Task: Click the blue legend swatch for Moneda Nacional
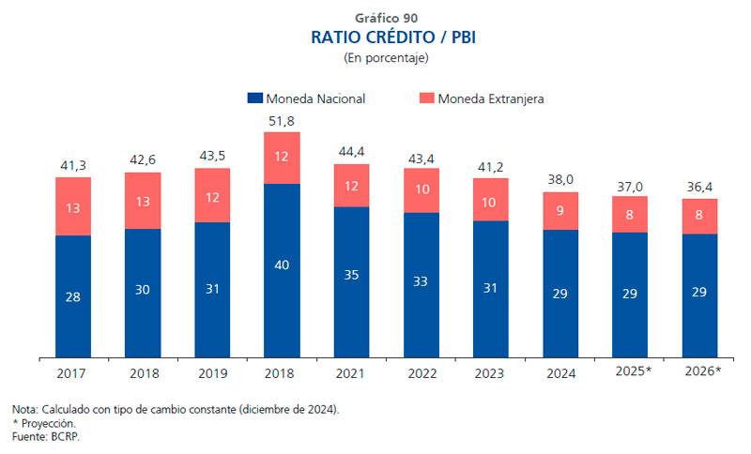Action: point(254,98)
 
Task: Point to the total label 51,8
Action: point(282,120)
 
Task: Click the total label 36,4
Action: point(700,187)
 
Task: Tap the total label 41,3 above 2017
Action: point(73,165)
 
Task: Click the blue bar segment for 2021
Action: point(351,281)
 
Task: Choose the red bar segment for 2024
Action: point(560,211)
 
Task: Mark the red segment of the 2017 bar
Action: point(73,206)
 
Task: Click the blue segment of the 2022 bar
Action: point(421,284)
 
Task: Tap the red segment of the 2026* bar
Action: point(700,216)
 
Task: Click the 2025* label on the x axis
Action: point(631,371)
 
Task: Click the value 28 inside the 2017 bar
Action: point(73,296)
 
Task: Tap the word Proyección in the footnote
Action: point(49,424)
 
